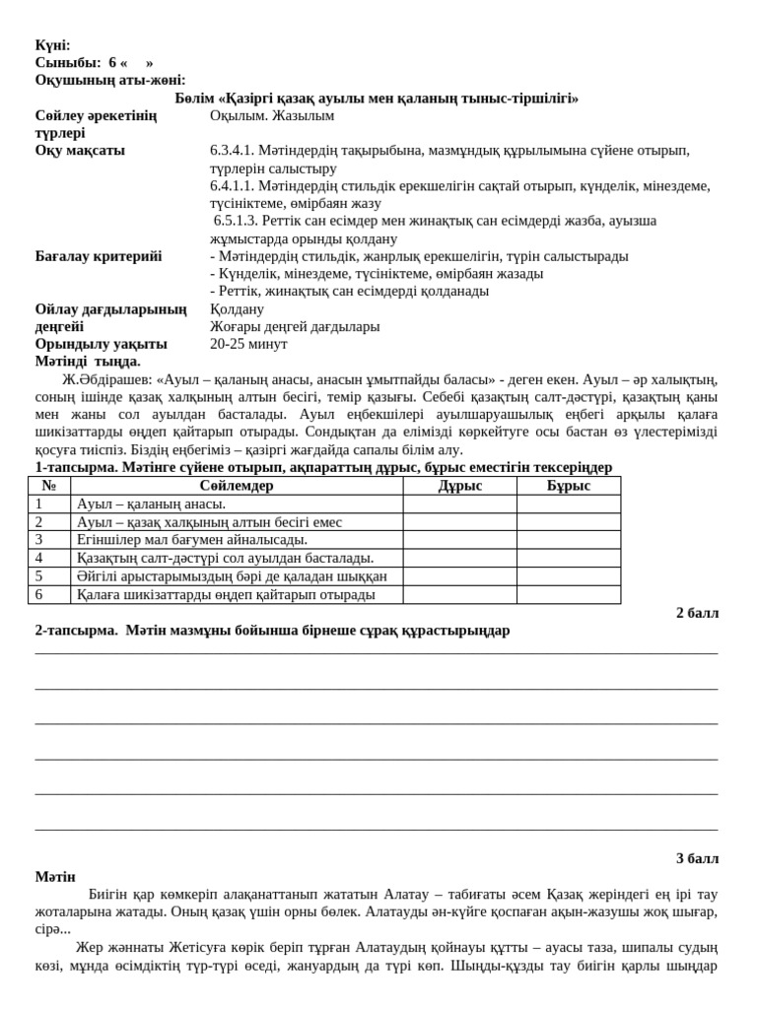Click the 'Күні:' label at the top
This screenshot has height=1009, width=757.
pos(52,45)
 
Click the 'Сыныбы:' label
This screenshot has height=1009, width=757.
pos(68,62)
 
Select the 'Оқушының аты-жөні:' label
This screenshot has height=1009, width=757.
pos(110,80)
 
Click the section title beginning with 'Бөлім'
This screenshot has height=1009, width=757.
pos(377,98)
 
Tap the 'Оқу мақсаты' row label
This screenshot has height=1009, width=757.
pos(80,151)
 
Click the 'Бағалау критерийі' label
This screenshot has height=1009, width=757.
pos(99,256)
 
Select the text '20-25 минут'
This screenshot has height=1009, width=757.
pos(248,344)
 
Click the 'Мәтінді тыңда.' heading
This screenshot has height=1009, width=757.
pos(88,362)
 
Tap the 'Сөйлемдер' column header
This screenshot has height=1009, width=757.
pos(237,486)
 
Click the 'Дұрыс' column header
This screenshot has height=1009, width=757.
pos(459,486)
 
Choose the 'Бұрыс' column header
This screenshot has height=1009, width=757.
pos(569,486)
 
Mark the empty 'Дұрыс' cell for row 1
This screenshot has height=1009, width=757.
pos(459,504)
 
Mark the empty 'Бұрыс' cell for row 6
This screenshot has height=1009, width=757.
pos(569,595)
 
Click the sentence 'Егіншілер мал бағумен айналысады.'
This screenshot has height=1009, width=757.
pos(192,540)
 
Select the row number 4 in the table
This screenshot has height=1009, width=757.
pos(39,559)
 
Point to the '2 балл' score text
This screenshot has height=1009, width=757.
pos(697,613)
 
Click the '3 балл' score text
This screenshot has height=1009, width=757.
pos(697,858)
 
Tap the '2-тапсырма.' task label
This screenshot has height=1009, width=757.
pos(76,631)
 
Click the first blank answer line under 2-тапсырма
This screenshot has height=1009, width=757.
pos(377,652)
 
